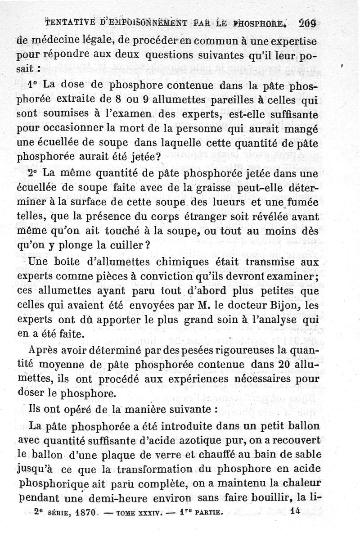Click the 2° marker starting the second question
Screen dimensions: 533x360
(33, 173)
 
